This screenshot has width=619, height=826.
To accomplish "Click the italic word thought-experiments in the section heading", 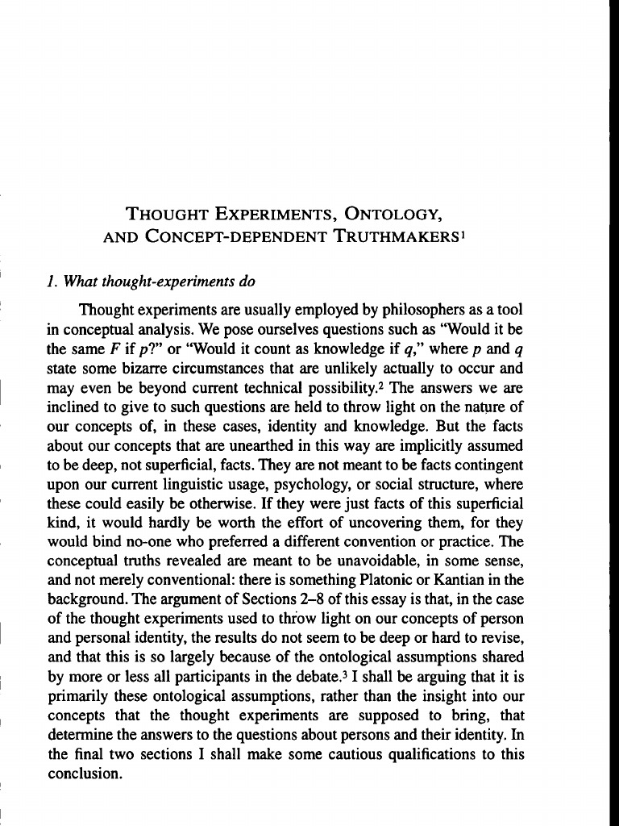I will (x=177, y=282).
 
